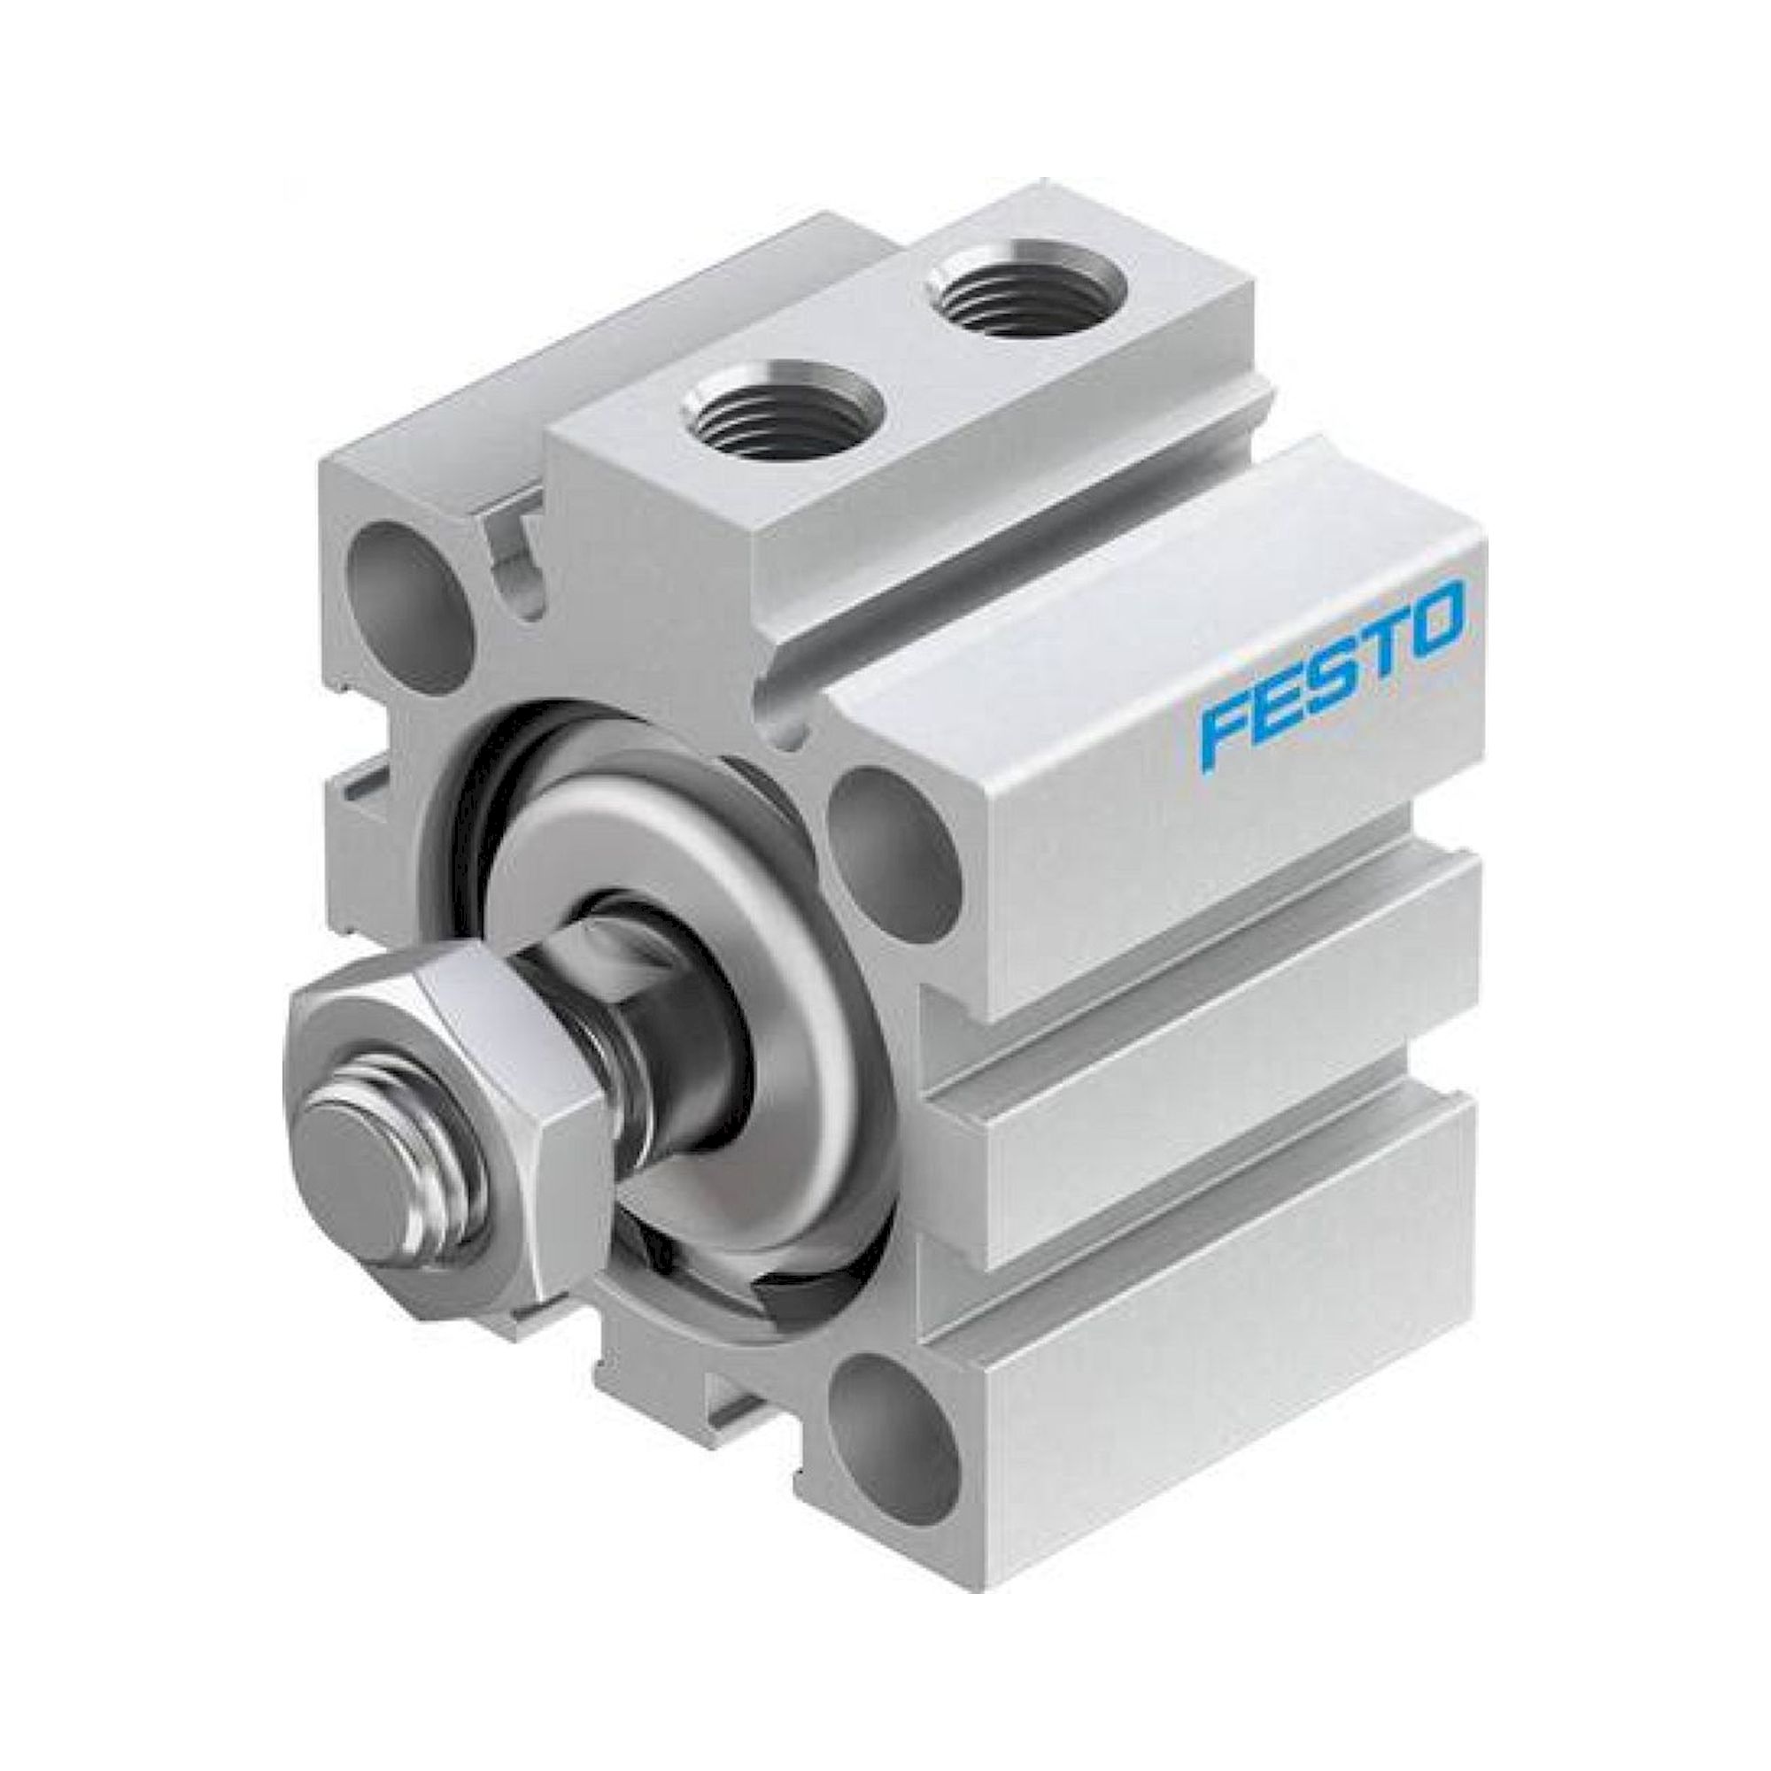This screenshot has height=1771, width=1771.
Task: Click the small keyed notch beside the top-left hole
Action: click(519, 573)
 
